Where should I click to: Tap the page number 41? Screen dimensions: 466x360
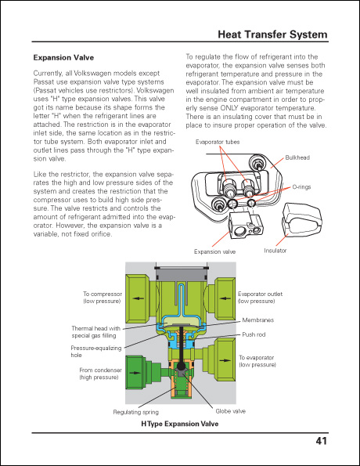[x=321, y=441]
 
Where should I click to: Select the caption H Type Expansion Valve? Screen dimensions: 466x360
[x=179, y=424]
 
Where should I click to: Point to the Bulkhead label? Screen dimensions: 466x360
[x=297, y=157]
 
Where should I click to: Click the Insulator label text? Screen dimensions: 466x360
[x=275, y=251]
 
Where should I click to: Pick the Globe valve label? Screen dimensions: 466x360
[x=230, y=410]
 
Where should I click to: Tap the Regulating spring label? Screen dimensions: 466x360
[x=136, y=410]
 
